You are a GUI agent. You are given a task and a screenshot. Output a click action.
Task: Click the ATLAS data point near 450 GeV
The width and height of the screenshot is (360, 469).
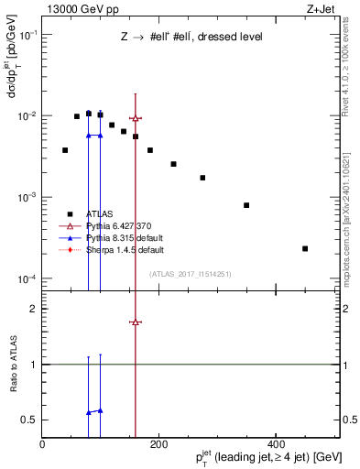coord(305,248)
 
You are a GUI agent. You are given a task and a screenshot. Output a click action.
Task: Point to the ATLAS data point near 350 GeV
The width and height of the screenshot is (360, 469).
coord(246,205)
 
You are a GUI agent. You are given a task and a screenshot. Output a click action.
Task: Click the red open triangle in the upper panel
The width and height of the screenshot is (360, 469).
coord(136,118)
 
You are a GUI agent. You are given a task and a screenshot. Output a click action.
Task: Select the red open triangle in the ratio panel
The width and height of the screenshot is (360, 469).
coord(136,322)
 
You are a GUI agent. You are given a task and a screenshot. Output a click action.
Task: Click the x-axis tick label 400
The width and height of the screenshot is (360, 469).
coord(274,444)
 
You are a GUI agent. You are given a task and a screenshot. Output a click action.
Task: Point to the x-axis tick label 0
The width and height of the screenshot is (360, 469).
coord(42,444)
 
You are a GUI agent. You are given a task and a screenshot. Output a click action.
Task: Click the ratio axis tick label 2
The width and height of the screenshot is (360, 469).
coord(33,309)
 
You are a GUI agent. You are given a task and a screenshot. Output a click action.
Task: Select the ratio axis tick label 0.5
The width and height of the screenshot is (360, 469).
coord(29,420)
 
